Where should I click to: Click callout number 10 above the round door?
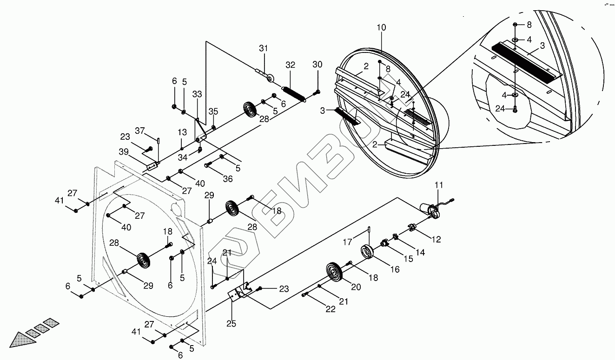381,28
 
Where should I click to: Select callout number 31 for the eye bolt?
264,49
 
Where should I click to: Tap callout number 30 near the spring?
317,64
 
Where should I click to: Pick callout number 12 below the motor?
436,240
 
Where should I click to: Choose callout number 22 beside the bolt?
331,309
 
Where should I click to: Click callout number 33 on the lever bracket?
197,94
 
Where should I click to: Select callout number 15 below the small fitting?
408,258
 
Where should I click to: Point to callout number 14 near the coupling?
420,253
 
